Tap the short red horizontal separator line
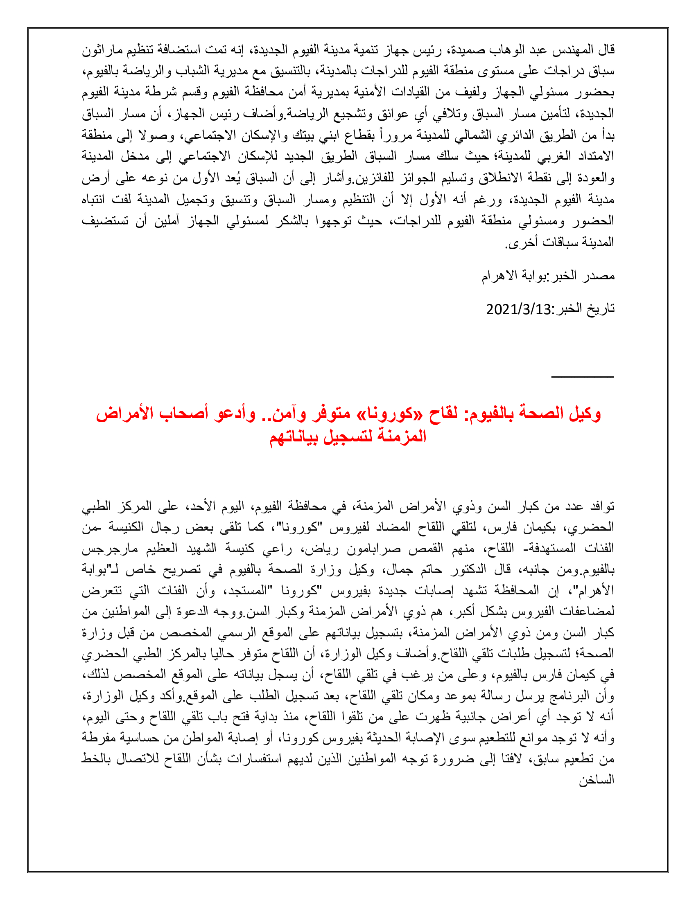(582, 376)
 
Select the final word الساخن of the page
(597, 780)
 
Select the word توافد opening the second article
(600, 506)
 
